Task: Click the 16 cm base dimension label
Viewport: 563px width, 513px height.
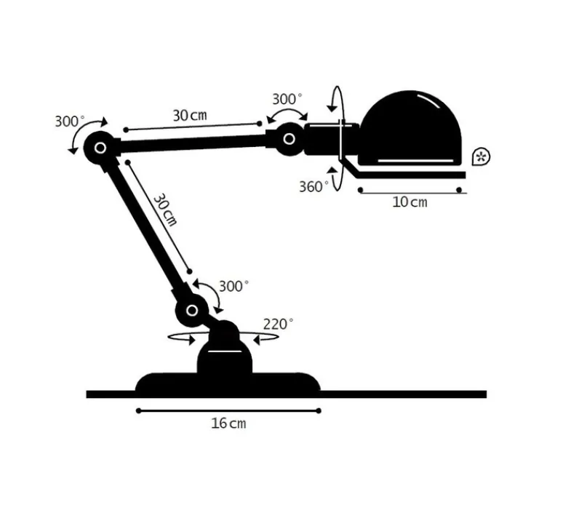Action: click(x=228, y=423)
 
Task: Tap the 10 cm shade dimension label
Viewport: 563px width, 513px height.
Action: click(x=410, y=202)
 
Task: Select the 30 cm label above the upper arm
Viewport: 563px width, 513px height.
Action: click(x=190, y=115)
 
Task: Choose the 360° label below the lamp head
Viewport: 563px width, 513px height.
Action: click(x=314, y=186)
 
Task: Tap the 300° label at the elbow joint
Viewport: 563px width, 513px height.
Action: click(x=70, y=121)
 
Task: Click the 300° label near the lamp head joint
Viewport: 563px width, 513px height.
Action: click(x=287, y=99)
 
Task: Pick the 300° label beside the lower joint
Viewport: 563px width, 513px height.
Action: click(x=233, y=286)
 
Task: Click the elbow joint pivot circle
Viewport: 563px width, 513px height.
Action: click(x=99, y=148)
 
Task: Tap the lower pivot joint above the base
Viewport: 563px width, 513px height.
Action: click(x=192, y=311)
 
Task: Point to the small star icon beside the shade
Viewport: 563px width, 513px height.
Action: click(x=480, y=156)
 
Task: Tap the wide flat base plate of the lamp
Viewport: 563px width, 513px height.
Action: click(x=228, y=383)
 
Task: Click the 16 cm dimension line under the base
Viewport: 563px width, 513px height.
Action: click(x=228, y=410)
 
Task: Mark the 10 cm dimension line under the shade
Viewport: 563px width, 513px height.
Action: click(x=410, y=191)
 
